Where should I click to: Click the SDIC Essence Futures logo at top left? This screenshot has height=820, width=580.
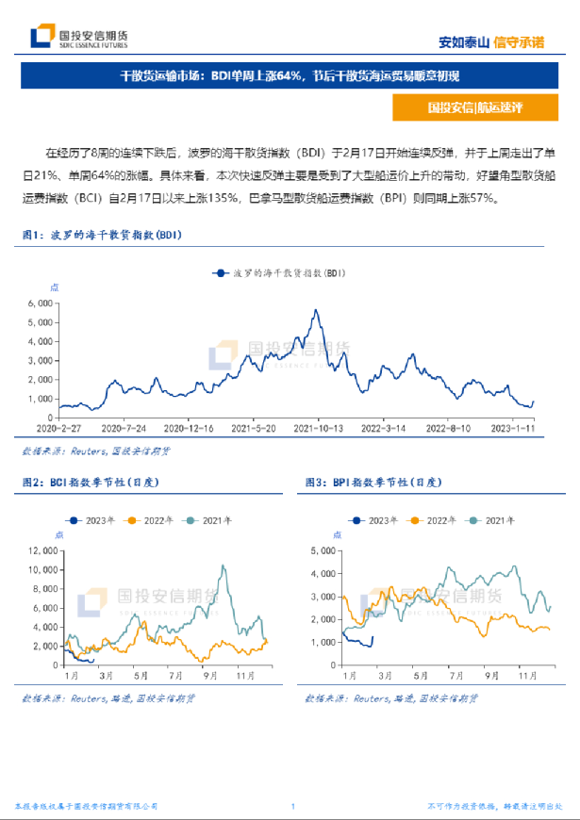click(79, 39)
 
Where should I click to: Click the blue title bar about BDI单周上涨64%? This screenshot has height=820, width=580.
click(290, 76)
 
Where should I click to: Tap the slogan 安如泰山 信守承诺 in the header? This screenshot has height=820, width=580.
click(491, 41)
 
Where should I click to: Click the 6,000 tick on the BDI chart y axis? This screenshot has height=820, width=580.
click(39, 303)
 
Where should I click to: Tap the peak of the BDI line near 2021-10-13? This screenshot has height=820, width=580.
click(315, 310)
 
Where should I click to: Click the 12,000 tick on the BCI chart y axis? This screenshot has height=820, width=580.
click(43, 550)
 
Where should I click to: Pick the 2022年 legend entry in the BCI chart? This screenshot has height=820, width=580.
click(152, 520)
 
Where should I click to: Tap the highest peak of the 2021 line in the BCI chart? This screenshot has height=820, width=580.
click(224, 566)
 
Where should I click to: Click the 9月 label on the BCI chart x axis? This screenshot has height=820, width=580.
click(207, 676)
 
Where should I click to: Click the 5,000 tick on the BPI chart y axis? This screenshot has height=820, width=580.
click(323, 550)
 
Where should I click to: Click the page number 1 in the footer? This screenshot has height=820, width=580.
click(293, 806)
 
